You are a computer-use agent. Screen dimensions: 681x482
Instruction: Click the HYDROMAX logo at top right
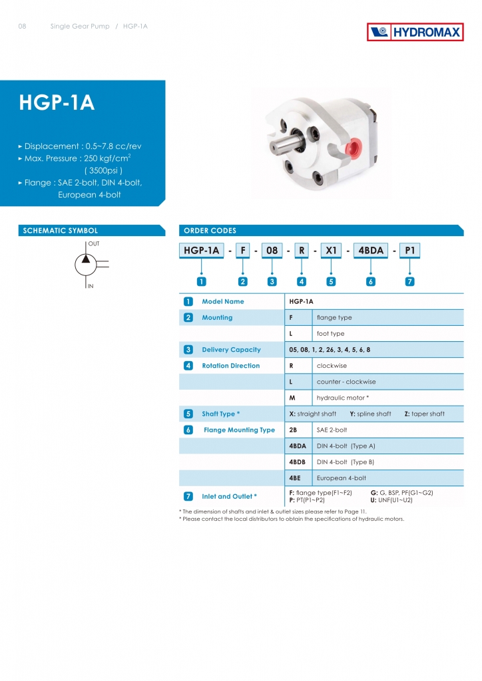pyautogui.click(x=415, y=32)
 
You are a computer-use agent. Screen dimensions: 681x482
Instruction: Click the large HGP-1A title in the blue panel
pyautogui.click(x=57, y=103)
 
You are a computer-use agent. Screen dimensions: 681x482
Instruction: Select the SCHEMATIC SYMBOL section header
pyautogui.click(x=61, y=231)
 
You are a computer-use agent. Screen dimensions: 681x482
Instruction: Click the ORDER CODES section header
pyautogui.click(x=210, y=231)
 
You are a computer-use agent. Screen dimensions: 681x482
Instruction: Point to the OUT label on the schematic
pyautogui.click(x=94, y=244)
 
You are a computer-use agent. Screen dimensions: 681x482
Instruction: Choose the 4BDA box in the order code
pyautogui.click(x=370, y=251)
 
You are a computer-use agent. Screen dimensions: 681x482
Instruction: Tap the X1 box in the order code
pyautogui.click(x=331, y=251)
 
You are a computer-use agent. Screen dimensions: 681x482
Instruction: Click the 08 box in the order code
pyautogui.click(x=272, y=251)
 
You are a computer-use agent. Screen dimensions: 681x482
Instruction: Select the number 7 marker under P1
pyautogui.click(x=410, y=281)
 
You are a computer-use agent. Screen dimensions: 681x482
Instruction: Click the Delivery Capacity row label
pyautogui.click(x=231, y=350)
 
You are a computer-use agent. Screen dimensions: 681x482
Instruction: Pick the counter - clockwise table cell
pyautogui.click(x=346, y=382)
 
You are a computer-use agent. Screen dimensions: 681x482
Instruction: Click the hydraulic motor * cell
pyautogui.click(x=343, y=398)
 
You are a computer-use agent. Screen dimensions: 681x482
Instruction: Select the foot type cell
pyautogui.click(x=330, y=334)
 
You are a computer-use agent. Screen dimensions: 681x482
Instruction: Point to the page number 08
pyautogui.click(x=22, y=27)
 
